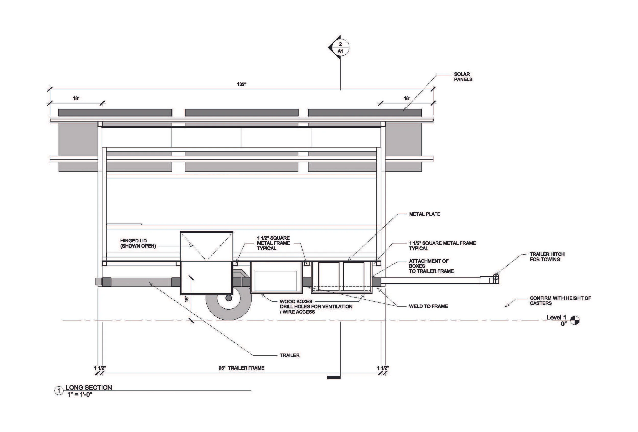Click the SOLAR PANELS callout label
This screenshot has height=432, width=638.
pos(463,77)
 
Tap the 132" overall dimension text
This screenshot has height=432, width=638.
pos(241,84)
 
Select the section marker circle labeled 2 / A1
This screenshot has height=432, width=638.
pos(340,47)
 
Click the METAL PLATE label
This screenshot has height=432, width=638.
pos(424,214)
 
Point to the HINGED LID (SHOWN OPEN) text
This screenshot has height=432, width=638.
pos(138,243)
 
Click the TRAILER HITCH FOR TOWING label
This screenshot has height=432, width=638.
pos(547,257)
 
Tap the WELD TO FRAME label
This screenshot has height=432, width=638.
pos(428,306)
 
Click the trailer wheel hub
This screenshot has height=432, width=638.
pos(228,298)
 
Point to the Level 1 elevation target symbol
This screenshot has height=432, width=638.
pos(575,320)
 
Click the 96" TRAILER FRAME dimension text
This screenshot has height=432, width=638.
pos(241,368)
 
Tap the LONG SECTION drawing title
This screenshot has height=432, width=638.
pos(89,387)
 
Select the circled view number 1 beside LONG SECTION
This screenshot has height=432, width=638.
pos(59,391)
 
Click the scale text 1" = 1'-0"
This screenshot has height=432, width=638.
pos(80,394)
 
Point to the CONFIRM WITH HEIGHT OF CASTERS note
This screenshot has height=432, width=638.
pos(560,301)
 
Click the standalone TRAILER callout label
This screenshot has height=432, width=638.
pos(290,355)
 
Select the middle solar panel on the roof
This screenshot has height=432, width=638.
pos(241,113)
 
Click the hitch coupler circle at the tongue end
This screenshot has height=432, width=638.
pos(496,276)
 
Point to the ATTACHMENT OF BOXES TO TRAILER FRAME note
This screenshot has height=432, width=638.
pos(431,266)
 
